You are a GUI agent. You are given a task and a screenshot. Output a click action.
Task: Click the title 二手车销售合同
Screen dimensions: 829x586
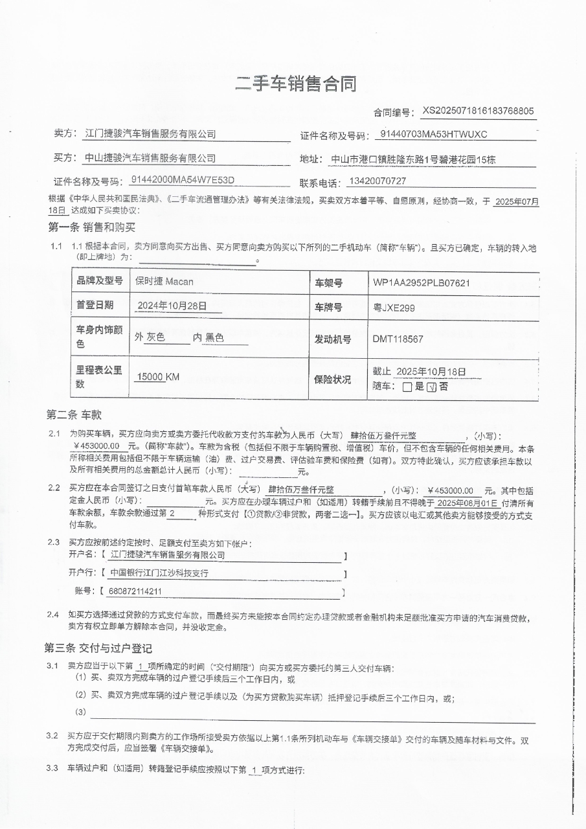coord(295,84)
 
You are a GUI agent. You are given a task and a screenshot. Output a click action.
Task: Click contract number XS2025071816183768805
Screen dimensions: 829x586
coord(478,111)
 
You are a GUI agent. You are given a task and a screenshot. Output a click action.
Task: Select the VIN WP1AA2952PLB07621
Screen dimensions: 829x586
coord(421,283)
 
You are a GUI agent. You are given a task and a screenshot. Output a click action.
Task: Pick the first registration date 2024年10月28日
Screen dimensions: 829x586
coord(172,306)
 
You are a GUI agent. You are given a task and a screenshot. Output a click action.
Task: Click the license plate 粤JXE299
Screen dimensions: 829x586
coord(394,307)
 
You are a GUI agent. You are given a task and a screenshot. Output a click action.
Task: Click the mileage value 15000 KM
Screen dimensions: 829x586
coord(158,377)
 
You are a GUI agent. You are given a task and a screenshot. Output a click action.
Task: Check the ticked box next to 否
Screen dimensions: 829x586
coord(432,387)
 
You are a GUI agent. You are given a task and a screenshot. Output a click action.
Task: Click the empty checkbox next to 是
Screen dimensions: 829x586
coord(407,387)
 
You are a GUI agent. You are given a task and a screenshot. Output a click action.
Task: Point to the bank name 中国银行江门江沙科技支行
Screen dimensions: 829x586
coord(159,573)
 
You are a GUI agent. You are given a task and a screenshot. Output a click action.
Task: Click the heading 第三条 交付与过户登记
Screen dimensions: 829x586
coord(98,648)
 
